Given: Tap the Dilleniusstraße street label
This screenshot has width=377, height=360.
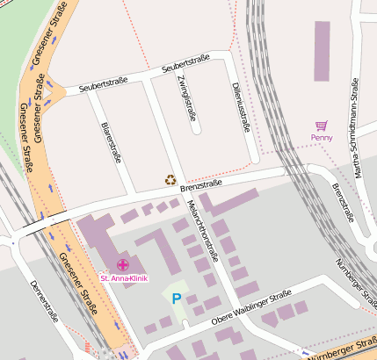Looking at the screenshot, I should click(239, 107).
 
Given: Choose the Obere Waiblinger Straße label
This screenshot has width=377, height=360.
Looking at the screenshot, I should click(251, 313).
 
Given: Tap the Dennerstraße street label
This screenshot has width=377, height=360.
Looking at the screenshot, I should click(43, 300).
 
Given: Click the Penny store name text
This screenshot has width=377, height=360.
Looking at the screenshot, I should click(322, 138).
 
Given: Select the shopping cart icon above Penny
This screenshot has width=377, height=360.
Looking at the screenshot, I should click(322, 126).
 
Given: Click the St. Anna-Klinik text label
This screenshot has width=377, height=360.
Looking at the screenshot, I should click(124, 278).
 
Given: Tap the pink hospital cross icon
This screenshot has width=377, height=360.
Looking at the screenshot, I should click(123, 265).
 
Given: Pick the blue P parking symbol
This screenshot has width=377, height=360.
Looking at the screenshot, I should click(176, 299).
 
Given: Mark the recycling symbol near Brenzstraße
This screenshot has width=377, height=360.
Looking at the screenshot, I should click(170, 180).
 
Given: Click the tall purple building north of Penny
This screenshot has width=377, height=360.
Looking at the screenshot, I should click(322, 51).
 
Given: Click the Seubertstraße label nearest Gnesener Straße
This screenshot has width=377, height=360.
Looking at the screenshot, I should click(103, 85).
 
